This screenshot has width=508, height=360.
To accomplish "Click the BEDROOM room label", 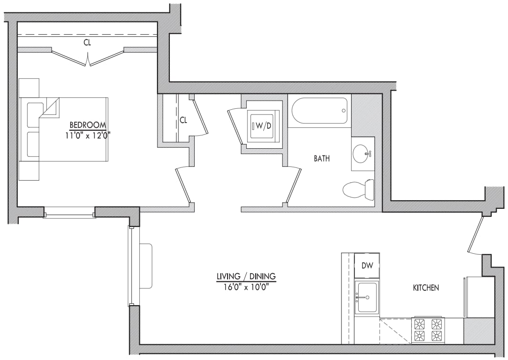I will click(x=87, y=125).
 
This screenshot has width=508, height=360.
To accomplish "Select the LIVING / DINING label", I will click(x=246, y=277).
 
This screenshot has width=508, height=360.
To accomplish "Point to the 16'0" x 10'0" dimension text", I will click(x=246, y=287).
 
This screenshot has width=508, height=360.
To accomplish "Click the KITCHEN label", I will click(x=425, y=288).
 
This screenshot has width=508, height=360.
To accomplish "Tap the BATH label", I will click(x=321, y=159).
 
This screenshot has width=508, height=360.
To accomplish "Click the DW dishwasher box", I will click(x=367, y=266).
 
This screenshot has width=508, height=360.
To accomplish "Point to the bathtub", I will click(x=320, y=111).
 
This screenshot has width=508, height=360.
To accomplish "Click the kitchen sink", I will click(x=367, y=297).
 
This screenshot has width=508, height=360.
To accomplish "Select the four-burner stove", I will click(x=428, y=330).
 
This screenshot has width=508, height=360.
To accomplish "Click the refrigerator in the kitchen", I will click(x=479, y=297).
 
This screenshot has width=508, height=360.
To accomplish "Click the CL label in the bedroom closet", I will click(x=87, y=42).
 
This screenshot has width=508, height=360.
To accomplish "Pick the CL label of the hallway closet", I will click(x=184, y=120).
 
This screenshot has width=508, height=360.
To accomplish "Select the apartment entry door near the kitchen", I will click(x=476, y=235).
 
